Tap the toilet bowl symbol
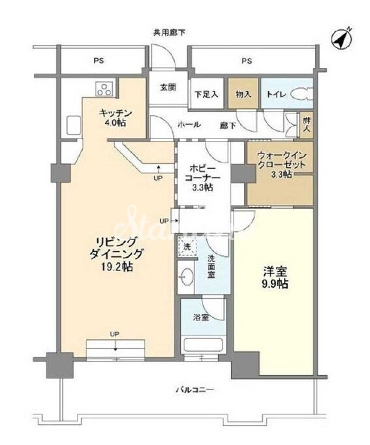[x=301, y=94]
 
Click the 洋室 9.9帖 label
[x=272, y=279]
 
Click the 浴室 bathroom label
[x=200, y=318]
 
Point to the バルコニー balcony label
[x=195, y=390]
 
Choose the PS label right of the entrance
[x=247, y=61]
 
